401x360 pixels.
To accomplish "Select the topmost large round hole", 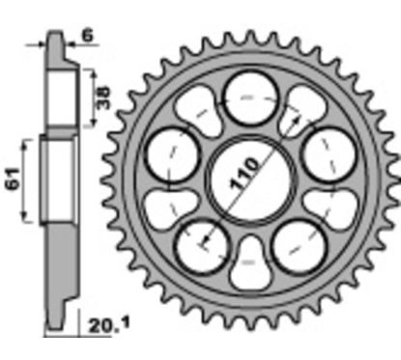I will point(249,99).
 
